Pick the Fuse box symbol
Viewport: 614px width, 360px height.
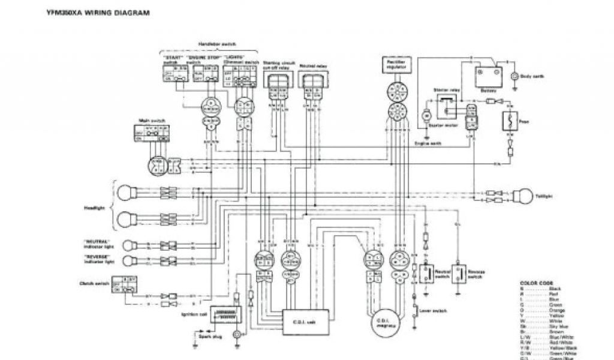[x=510, y=121]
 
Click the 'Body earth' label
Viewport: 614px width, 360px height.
[x=532, y=76]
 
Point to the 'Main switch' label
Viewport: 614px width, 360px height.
[x=147, y=121]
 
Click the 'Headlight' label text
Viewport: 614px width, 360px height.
[x=94, y=208]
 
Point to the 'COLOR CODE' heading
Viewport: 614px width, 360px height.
[x=536, y=283]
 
